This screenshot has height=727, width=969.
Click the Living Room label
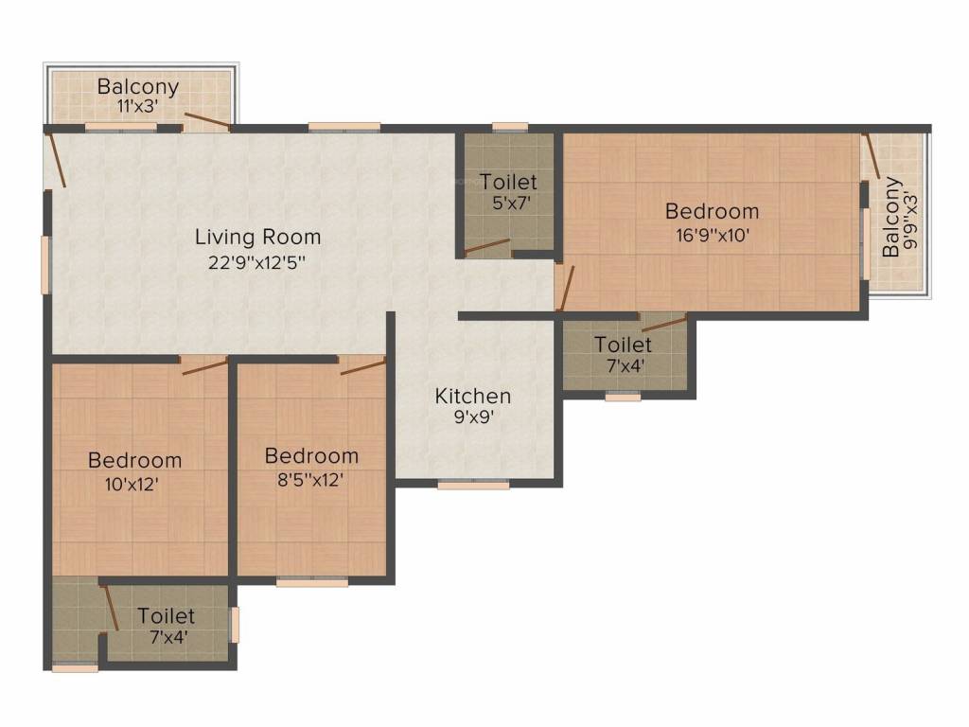coord(257,237)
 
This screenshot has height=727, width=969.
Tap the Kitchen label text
coord(472,396)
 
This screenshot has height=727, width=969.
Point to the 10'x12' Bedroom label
coord(134,461)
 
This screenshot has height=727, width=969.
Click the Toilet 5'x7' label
coord(508,182)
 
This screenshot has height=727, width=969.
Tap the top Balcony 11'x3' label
coord(138,87)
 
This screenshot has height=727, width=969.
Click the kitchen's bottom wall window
coord(473,485)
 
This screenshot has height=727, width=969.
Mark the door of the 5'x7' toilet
coord(486,247)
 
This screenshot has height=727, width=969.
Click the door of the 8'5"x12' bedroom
coord(363,365)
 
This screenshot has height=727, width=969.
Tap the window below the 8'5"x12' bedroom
coord(312,582)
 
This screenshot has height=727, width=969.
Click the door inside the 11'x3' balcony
coord(207,120)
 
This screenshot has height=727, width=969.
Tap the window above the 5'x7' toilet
coord(510,126)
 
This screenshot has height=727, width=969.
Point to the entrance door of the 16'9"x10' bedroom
coord(564,288)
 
